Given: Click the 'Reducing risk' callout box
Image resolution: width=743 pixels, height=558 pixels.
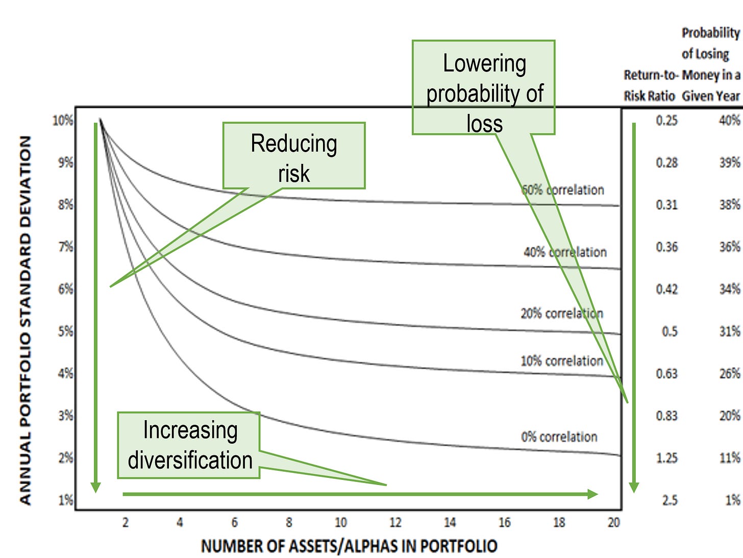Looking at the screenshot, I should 294,156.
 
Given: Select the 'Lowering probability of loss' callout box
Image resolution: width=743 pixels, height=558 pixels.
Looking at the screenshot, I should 483,88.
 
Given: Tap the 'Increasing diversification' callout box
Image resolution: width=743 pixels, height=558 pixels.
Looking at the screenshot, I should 189,445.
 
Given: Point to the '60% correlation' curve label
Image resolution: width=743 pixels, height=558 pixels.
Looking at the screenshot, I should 562,190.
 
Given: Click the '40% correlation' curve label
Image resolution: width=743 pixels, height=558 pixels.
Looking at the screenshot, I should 565,252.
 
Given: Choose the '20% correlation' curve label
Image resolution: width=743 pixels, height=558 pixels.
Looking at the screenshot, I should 561,313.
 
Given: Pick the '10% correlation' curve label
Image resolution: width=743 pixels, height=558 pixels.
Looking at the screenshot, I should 561,361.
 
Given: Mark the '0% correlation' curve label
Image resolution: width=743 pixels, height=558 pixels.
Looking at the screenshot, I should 559,437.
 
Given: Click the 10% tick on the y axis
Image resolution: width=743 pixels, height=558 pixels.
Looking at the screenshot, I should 63,120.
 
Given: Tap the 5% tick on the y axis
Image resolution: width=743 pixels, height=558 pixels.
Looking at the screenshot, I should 65,332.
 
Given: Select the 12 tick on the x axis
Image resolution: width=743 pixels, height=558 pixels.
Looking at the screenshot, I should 395,523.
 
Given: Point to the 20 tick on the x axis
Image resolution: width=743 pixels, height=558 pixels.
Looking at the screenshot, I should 613,523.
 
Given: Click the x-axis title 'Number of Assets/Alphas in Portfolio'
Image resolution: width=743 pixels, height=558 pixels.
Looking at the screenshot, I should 349,546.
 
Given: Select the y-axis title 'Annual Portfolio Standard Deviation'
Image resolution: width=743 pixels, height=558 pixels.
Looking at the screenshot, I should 26,321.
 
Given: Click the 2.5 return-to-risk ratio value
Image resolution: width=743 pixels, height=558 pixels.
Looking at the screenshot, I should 670,500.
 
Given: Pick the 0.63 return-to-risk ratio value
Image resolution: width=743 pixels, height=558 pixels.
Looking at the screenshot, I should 666,374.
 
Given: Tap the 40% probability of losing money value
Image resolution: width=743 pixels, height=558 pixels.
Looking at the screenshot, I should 729,120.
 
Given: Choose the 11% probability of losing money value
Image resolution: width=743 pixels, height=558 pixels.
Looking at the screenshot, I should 729,458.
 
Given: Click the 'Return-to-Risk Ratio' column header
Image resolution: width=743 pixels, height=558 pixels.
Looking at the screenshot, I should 650,85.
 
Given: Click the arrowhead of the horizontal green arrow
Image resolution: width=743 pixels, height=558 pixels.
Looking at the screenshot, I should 593,494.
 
